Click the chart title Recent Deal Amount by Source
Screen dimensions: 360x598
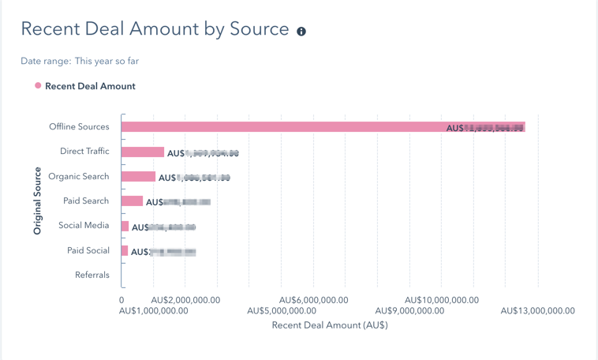click(x=155, y=29)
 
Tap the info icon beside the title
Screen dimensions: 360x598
click(x=301, y=32)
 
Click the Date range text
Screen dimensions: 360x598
click(x=80, y=61)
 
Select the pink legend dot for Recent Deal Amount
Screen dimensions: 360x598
click(x=38, y=85)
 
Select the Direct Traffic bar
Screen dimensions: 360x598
click(x=143, y=152)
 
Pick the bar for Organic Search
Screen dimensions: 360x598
click(x=138, y=177)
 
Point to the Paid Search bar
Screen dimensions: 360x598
click(x=132, y=201)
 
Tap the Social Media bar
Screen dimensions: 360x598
click(x=125, y=227)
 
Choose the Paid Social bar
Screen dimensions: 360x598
click(x=125, y=251)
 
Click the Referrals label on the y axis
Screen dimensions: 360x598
click(x=92, y=276)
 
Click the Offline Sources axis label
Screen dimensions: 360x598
click(x=79, y=127)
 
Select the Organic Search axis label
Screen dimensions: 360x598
click(x=79, y=177)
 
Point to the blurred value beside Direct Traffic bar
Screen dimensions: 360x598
click(x=203, y=153)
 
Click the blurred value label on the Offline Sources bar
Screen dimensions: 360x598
click(x=485, y=127)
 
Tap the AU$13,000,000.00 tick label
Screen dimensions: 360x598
click(x=538, y=311)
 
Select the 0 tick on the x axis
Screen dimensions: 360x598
click(x=121, y=300)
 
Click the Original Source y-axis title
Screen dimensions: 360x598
click(x=37, y=201)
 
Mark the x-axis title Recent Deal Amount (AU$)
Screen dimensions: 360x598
click(x=330, y=325)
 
